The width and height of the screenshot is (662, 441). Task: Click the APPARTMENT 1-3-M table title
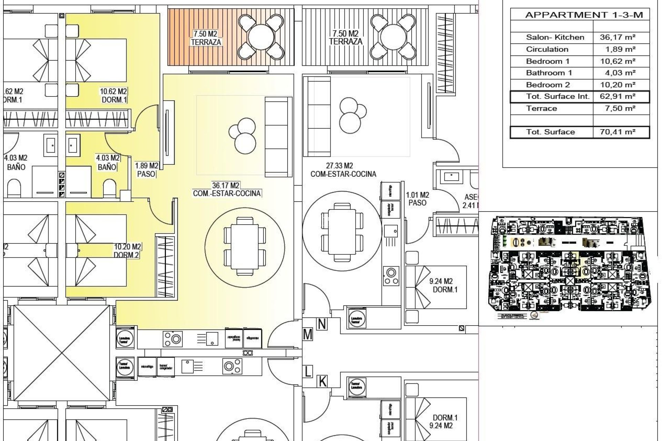point(584,15)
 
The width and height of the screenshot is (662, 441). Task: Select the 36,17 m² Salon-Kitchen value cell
point(618,37)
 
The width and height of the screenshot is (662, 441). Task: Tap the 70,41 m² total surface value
point(618,132)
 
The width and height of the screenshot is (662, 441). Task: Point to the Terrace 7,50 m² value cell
point(618,108)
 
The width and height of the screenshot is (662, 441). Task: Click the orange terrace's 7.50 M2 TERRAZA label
point(206,38)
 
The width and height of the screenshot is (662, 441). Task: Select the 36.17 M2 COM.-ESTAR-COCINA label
point(227,189)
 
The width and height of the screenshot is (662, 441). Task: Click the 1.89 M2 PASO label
point(146,170)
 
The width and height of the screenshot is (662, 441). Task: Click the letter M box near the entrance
point(308,334)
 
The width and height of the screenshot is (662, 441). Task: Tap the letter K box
point(322,381)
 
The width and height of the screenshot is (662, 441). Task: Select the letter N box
point(322,324)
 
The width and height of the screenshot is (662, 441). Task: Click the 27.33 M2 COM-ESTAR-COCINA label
point(343,170)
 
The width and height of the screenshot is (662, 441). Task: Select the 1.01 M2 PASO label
point(417,199)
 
